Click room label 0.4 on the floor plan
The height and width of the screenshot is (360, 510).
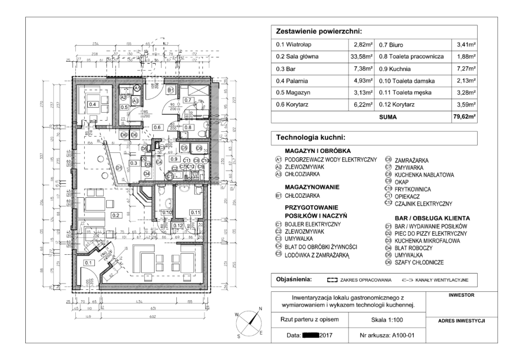(93, 104)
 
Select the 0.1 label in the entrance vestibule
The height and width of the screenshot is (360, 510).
(89, 263)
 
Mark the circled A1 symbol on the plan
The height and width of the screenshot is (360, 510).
(137, 88)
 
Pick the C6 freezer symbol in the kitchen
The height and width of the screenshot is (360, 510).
(199, 148)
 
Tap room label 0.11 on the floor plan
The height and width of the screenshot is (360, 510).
(194, 212)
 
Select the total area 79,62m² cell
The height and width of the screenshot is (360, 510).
(464, 117)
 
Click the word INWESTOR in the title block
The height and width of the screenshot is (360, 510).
(461, 295)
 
